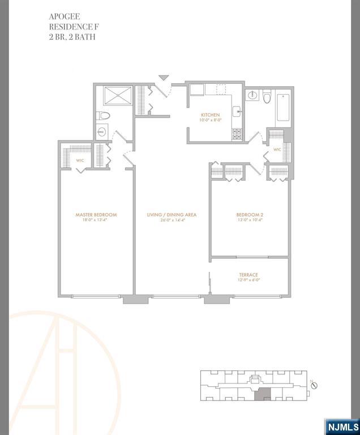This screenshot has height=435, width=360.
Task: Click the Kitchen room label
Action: tap(209, 115)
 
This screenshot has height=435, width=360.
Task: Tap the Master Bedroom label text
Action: tap(96, 215)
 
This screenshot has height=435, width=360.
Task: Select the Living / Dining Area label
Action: tap(172, 215)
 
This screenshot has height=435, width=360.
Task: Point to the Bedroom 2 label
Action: tap(250, 215)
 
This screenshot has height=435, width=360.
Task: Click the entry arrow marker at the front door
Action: tap(164, 78)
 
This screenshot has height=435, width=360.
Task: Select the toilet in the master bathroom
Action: tap(104, 116)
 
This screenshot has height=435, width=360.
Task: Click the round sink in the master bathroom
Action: tap(101, 132)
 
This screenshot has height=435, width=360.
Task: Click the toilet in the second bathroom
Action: tap(267, 99)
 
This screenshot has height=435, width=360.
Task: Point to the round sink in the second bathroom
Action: tap(252, 95)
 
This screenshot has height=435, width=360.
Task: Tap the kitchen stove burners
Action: tap(237, 134)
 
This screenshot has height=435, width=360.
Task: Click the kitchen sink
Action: tap(237, 112)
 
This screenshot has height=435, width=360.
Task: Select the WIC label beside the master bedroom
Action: tap(80, 160)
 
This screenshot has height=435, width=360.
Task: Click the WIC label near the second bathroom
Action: tap(277, 150)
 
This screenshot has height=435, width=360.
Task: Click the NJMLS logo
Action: tap(342, 426)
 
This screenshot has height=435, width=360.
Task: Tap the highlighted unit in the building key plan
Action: tap(262, 395)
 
